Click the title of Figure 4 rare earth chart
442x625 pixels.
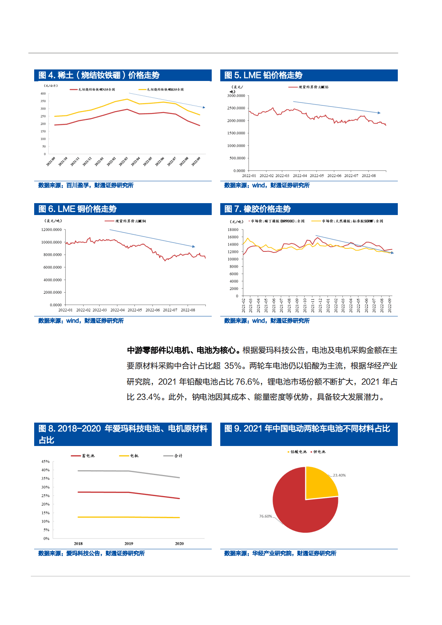pos(99,75)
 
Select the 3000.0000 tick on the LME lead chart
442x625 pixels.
pos(236,96)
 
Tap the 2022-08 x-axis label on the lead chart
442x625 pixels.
pos(369,176)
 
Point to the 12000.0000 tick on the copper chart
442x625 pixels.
pos(52,230)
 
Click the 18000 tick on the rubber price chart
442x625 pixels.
pos(233,230)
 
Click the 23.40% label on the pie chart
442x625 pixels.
pos(339,475)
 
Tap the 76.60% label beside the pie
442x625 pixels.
pos(266,516)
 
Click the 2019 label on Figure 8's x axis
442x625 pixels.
pos(129,543)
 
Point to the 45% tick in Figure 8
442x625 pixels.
pos(45,462)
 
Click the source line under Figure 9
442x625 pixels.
pos(280,553)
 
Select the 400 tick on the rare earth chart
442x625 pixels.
pos(43,94)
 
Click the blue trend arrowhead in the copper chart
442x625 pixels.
pos(194,246)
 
